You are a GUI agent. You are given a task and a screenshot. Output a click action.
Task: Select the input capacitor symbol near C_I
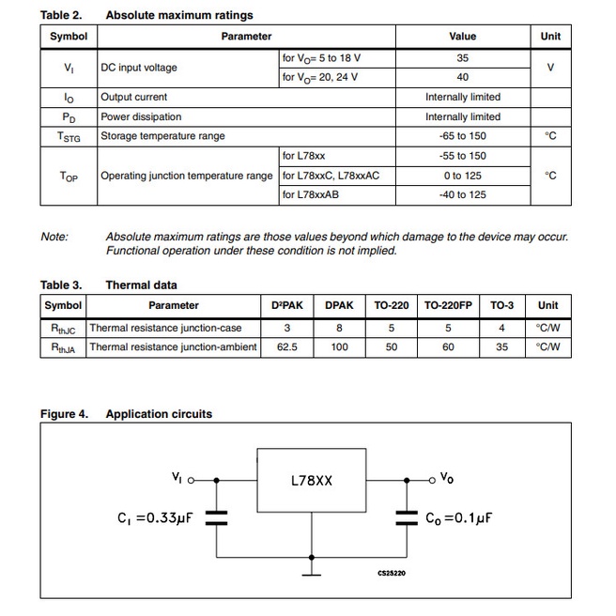coord(217,516)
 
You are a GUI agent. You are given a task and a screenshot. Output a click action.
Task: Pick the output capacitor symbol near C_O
coord(406,516)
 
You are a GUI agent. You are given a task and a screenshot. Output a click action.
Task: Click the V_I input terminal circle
coord(192,480)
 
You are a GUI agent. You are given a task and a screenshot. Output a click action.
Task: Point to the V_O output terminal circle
coord(432,480)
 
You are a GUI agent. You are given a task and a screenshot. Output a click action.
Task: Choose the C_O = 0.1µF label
coord(459,517)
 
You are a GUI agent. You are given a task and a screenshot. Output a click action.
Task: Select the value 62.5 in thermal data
coord(287,346)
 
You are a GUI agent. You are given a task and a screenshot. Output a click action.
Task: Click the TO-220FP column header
coord(448,305)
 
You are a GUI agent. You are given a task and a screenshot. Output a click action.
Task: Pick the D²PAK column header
coord(286,305)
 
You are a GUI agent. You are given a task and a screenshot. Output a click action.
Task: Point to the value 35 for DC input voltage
coord(462,58)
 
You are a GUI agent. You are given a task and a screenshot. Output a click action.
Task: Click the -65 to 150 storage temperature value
coord(462,136)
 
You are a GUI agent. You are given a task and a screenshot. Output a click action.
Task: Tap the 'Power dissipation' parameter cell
coord(141,116)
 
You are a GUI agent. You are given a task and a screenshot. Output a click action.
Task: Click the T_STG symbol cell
coord(69,137)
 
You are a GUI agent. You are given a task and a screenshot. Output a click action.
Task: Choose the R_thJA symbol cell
coord(63,347)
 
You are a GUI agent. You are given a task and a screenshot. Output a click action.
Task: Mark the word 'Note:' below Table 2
coord(54,237)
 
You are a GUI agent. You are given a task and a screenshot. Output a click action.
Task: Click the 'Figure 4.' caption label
coord(64,414)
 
